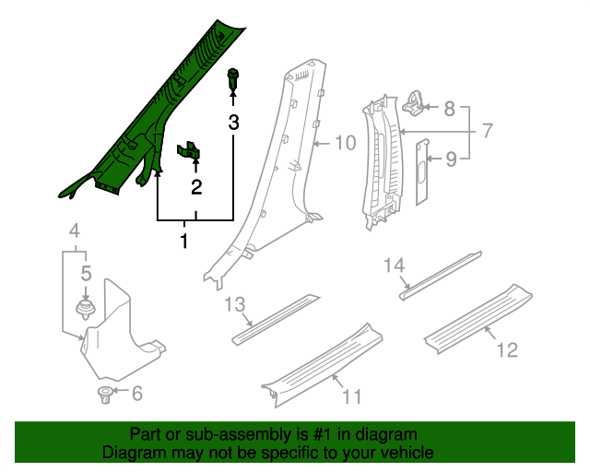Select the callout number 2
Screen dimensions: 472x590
click(196, 188)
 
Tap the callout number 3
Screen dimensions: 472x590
click(233, 122)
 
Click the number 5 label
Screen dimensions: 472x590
click(86, 273)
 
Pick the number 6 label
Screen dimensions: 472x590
click(136, 395)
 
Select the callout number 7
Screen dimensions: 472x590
click(488, 132)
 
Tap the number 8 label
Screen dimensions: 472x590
click(449, 109)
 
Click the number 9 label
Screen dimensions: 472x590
click(450, 159)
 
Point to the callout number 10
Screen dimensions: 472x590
click(344, 143)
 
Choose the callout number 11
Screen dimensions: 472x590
click(350, 396)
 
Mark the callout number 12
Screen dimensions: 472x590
click(506, 349)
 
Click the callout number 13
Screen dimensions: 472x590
click(234, 305)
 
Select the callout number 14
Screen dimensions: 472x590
click(395, 266)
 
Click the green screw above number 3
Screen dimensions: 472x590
click(232, 81)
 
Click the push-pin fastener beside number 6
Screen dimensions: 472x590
click(104, 395)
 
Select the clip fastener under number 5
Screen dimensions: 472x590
click(85, 308)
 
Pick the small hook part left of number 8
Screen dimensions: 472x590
click(415, 103)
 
